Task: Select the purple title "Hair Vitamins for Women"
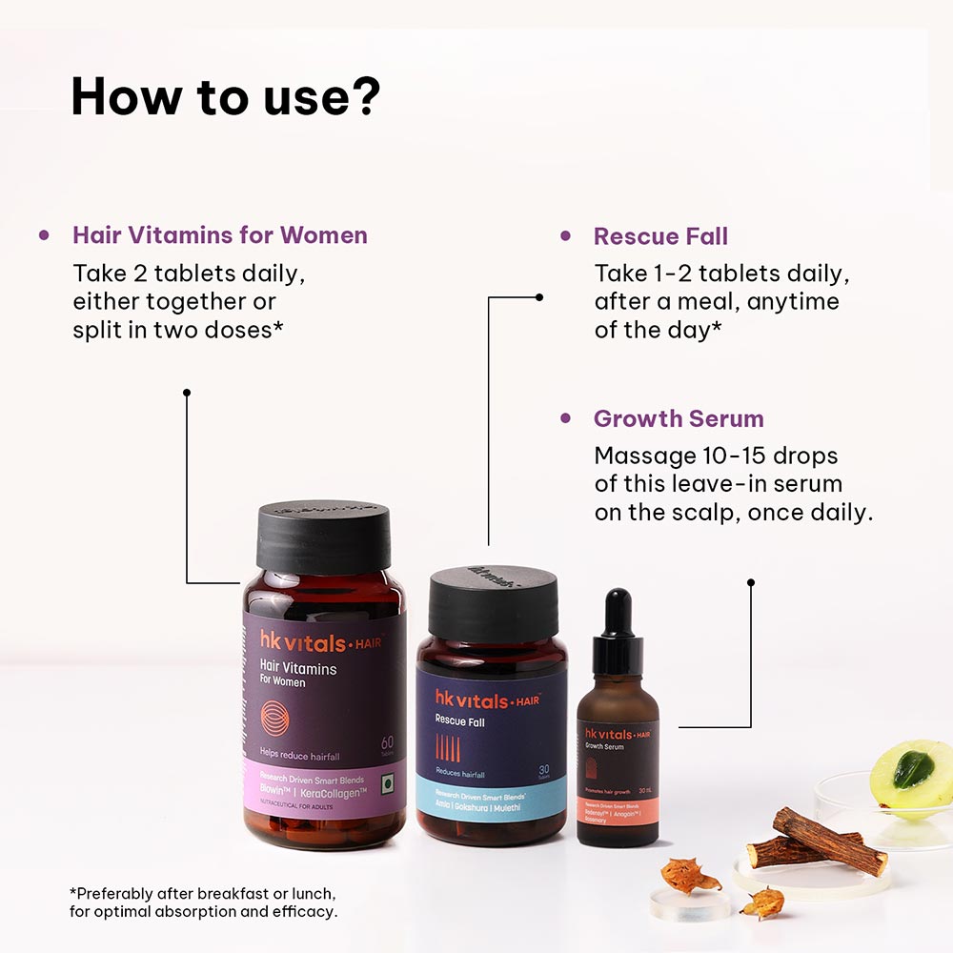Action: coord(219,235)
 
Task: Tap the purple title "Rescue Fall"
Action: coord(660,236)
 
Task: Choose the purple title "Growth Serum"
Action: coord(679,418)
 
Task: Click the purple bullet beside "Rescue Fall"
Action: coord(566,235)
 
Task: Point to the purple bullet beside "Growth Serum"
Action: coord(566,418)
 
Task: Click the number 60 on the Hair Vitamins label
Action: coord(387,740)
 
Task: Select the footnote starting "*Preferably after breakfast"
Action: coord(202,902)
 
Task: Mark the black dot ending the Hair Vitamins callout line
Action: coord(187,392)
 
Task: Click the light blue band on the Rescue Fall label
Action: coord(491,793)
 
